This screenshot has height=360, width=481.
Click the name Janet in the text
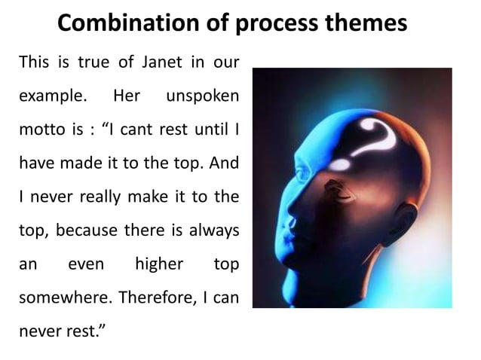pyautogui.click(x=161, y=63)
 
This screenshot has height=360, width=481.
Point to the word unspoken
pyautogui.click(x=203, y=98)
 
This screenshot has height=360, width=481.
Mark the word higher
pyautogui.click(x=158, y=264)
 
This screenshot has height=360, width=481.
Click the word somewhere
pyautogui.click(x=54, y=297)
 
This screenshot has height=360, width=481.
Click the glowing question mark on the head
pyautogui.click(x=373, y=136)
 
